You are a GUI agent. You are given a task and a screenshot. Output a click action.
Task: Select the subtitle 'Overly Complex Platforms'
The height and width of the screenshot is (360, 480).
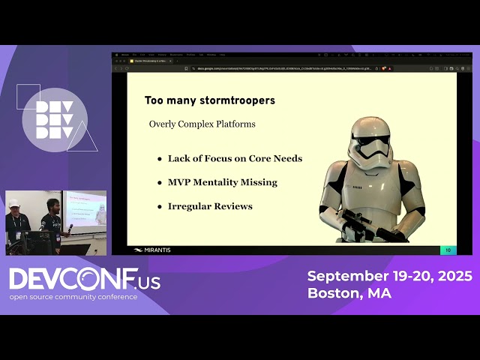(202, 124)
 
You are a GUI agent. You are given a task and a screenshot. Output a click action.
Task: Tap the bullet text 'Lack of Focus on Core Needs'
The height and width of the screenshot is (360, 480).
(235, 158)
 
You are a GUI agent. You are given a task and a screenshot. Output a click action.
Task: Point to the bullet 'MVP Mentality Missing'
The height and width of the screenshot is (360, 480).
(222, 182)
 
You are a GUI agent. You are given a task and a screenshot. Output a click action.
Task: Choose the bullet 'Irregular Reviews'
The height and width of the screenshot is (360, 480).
(210, 206)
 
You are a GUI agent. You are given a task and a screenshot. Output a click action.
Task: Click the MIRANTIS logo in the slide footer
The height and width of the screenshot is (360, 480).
(151, 250)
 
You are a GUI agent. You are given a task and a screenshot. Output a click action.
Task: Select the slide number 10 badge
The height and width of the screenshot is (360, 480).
(448, 250)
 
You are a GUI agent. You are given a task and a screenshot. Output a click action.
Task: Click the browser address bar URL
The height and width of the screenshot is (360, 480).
(285, 68)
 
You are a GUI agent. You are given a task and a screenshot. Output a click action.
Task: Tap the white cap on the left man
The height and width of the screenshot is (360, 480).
(13, 202)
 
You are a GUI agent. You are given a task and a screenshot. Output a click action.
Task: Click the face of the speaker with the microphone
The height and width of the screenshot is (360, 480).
(52, 205)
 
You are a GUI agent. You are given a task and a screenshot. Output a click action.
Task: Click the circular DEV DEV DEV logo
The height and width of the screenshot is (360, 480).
(54, 120)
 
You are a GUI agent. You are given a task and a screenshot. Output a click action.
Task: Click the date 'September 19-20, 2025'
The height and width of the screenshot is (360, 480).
(389, 276)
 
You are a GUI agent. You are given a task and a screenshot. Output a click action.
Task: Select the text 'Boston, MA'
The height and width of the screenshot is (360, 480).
(349, 293)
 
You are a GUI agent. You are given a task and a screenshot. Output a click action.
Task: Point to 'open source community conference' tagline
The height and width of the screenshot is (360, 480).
(73, 297)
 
